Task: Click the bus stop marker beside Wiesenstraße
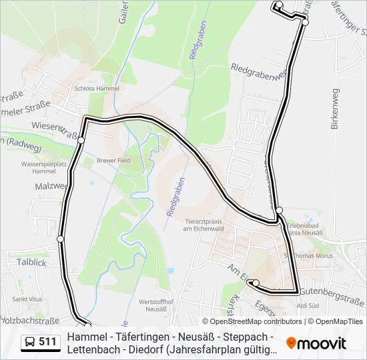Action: pos(81,140)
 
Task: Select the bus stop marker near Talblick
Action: pos(61,239)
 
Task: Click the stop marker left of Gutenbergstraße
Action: pos(256,283)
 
